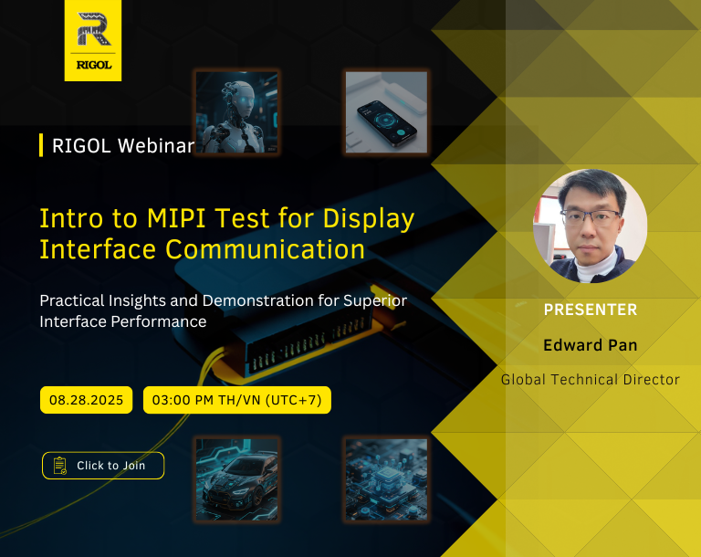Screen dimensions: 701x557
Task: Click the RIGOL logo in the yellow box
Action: pyautogui.click(x=93, y=40)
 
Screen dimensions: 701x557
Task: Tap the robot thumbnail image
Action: pyautogui.click(x=237, y=112)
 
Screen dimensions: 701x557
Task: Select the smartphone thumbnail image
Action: pyautogui.click(x=387, y=112)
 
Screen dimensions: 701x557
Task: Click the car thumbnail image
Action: pyautogui.click(x=237, y=479)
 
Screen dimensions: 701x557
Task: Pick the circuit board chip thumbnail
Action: pyautogui.click(x=387, y=479)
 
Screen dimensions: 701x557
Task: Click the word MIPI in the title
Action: pyautogui.click(x=177, y=219)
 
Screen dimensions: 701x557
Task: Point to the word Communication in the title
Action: pyautogui.click(x=265, y=249)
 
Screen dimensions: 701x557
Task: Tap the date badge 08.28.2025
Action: pyautogui.click(x=87, y=400)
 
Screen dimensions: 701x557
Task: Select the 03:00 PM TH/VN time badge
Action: pyautogui.click(x=237, y=400)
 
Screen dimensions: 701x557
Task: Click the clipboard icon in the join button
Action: pyautogui.click(x=60, y=466)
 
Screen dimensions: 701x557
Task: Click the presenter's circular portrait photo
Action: pyautogui.click(x=591, y=226)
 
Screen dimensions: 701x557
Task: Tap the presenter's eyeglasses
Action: pyautogui.click(x=591, y=218)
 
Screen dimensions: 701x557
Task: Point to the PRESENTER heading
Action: pyautogui.click(x=591, y=310)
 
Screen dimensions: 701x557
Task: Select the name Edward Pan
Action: pyautogui.click(x=591, y=345)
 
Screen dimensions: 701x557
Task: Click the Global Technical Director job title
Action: pyautogui.click(x=591, y=379)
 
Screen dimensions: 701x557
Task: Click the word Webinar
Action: pyautogui.click(x=156, y=146)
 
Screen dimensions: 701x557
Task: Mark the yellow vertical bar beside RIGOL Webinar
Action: pyautogui.click(x=41, y=145)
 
